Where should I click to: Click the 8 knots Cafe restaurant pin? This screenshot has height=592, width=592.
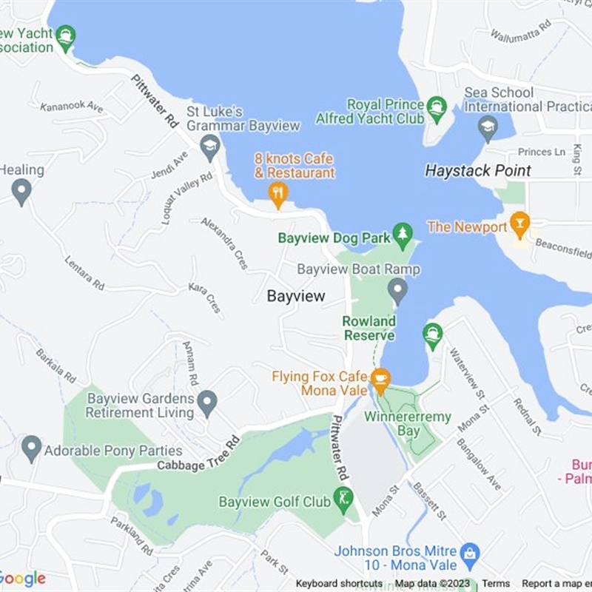click(278, 194)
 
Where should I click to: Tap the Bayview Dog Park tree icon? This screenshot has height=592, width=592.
click(403, 234)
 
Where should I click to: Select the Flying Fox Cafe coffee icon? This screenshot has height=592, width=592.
click(380, 379)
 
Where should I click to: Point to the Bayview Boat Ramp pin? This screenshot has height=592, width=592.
click(399, 289)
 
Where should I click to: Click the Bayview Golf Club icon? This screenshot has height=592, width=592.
click(343, 497)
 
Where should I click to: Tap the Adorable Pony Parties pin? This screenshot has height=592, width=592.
click(31, 448)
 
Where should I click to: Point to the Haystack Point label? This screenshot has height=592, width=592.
click(478, 171)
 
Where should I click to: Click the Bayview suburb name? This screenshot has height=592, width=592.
click(296, 296)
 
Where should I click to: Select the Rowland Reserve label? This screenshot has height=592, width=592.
click(369, 329)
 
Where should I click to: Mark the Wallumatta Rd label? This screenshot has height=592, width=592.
click(522, 34)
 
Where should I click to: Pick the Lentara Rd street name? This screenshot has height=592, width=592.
click(84, 273)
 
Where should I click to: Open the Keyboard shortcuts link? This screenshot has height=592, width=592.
click(339, 584)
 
